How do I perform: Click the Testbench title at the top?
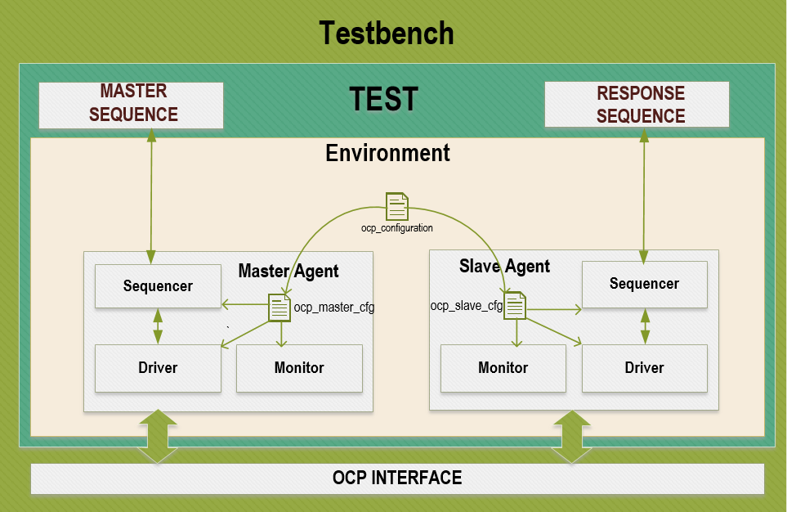[x=386, y=34]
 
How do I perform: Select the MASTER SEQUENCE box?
[x=132, y=104]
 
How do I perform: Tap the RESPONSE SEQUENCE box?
[x=637, y=104]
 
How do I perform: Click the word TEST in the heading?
[x=383, y=99]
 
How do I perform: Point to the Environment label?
[x=387, y=153]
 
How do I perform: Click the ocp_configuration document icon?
[x=397, y=207]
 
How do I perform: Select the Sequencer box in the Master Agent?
[x=158, y=285]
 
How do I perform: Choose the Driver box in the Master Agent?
[x=158, y=368]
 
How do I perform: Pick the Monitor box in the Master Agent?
[x=299, y=368]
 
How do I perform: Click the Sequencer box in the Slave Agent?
[x=644, y=284]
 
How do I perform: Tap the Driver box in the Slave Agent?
[x=644, y=368]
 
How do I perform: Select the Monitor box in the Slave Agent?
[x=503, y=368]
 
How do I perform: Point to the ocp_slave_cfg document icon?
[x=514, y=307]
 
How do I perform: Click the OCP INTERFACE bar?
[x=397, y=478]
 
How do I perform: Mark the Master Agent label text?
[x=288, y=271]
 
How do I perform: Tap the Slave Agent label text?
[x=504, y=266]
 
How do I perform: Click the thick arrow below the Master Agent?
[x=158, y=437]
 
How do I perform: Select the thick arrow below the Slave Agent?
[x=572, y=437]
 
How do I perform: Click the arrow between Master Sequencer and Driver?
[x=158, y=326]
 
